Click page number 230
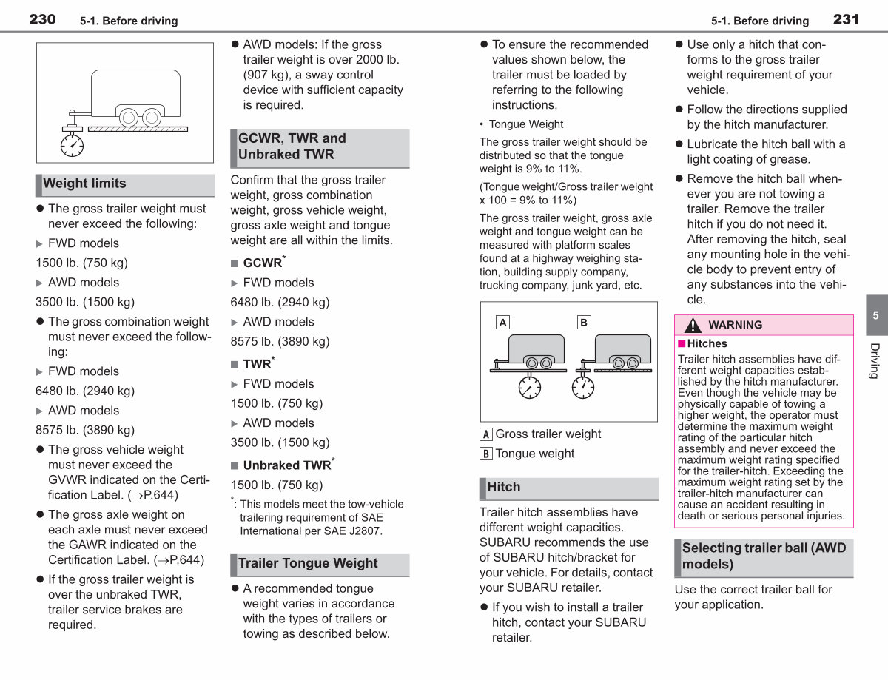[42, 19]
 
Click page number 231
[846, 19]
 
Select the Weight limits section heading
[84, 184]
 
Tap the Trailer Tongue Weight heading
[308, 563]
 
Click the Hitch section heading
[503, 487]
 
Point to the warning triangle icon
[693, 325]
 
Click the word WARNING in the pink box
[735, 325]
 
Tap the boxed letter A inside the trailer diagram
[502, 322]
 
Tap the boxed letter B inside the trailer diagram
[584, 322]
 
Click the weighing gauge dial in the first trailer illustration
[72, 146]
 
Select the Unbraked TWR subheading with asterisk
[289, 465]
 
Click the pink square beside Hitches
[682, 343]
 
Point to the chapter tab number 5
[875, 315]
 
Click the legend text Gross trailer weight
[548, 434]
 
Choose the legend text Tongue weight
[534, 454]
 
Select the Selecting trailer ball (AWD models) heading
[764, 556]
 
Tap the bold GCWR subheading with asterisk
[264, 263]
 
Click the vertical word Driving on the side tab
[875, 361]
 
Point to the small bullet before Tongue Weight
[482, 124]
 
